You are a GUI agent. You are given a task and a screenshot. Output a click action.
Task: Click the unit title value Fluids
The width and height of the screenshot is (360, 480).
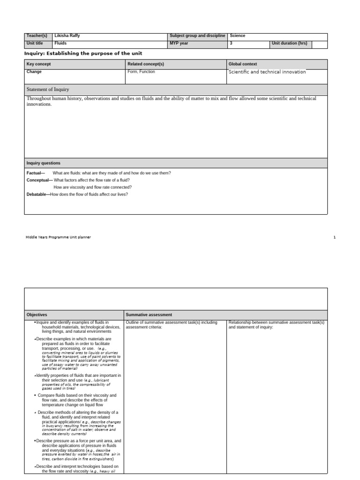60,43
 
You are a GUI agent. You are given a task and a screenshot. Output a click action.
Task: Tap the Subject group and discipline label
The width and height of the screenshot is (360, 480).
197,36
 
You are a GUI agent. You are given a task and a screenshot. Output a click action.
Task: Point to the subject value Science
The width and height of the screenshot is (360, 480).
238,36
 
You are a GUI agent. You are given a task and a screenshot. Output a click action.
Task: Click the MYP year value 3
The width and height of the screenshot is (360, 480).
231,43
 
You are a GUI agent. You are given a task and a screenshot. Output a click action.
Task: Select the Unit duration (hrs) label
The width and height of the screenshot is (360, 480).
289,43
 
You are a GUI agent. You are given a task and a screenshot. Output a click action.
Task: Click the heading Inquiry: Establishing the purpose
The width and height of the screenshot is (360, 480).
83,53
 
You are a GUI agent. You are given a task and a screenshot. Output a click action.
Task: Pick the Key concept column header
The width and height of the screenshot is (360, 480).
39,64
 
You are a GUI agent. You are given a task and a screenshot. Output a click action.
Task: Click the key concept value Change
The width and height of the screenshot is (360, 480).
34,72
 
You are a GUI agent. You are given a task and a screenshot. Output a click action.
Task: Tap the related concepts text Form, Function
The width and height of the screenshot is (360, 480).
141,72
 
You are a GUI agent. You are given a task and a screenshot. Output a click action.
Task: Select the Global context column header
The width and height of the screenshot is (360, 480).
243,64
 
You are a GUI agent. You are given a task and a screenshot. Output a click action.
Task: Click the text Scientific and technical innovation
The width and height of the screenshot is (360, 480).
267,72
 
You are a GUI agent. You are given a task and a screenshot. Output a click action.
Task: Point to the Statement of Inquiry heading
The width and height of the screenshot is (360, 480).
48,89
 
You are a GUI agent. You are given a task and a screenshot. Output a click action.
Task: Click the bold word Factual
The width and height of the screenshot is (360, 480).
36,173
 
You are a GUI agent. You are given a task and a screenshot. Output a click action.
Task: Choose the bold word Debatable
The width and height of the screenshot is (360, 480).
37,194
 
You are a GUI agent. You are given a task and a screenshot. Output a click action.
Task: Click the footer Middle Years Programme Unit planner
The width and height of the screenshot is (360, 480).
58,237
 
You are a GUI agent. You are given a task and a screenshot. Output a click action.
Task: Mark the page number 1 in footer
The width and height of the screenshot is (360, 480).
335,237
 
